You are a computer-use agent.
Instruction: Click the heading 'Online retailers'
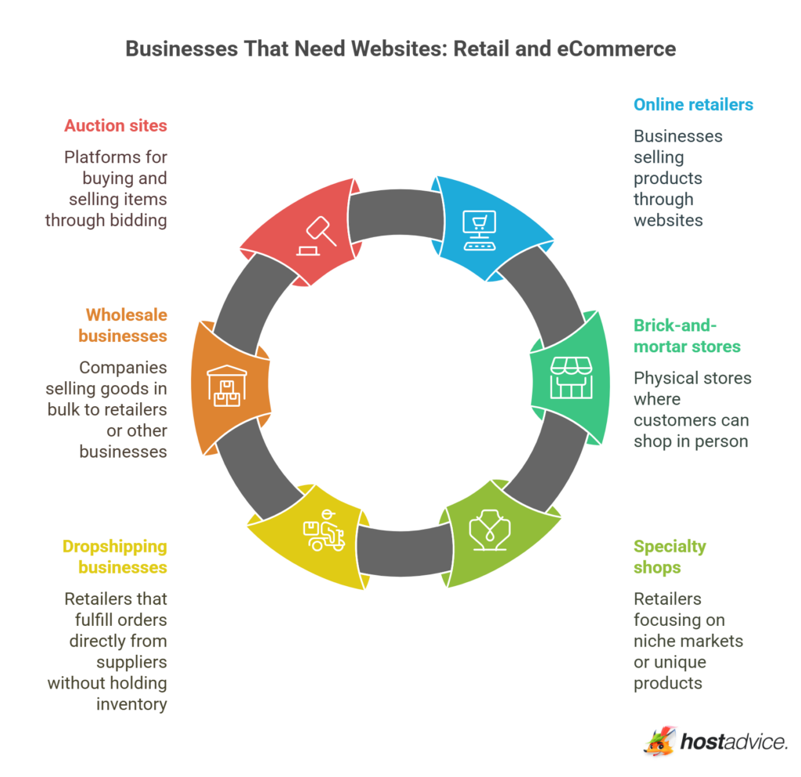tap(693, 105)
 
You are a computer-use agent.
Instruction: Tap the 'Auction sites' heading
tap(115, 125)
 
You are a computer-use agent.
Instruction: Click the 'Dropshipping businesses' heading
tap(114, 556)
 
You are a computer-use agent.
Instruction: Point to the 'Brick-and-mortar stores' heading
tap(687, 336)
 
